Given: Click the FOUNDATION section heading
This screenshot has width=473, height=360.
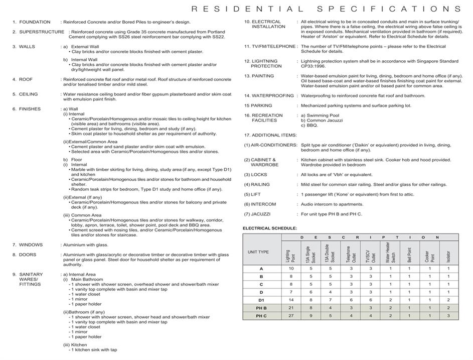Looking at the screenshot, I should (x=35, y=22).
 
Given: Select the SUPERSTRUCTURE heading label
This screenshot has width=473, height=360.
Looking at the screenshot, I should (x=42, y=32).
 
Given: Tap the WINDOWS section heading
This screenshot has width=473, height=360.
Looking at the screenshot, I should (x=31, y=245).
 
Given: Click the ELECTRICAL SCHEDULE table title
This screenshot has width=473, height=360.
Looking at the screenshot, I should (x=270, y=228).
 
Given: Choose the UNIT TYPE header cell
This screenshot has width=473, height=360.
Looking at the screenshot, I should (x=258, y=252).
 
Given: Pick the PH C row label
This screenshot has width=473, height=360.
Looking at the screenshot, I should (x=261, y=316).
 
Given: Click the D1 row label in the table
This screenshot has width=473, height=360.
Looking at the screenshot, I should (x=261, y=300).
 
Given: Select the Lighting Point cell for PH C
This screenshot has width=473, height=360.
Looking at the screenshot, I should (x=291, y=316).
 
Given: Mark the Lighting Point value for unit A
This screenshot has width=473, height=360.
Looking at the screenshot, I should (x=291, y=269).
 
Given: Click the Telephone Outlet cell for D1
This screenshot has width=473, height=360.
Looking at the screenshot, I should (x=350, y=300).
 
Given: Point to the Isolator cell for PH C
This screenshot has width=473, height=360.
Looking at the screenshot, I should (x=448, y=316).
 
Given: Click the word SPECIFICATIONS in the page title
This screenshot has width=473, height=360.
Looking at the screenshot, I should (x=388, y=9).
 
